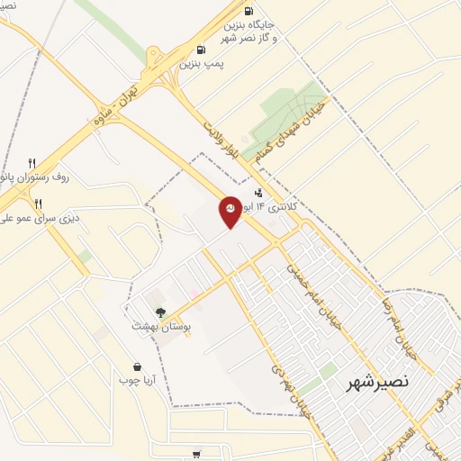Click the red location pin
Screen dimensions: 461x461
[x=230, y=211]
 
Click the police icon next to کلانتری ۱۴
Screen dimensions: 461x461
[x=259, y=191]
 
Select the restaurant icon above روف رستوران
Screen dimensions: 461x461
[x=32, y=163]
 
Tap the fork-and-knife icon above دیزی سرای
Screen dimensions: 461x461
[x=38, y=203]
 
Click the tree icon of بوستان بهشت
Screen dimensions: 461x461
[x=160, y=312]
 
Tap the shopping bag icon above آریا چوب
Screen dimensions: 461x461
[x=137, y=366]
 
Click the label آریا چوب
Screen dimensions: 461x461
[x=137, y=380]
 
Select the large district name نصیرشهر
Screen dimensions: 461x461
[x=377, y=382]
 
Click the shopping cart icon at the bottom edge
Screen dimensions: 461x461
[x=197, y=453]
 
